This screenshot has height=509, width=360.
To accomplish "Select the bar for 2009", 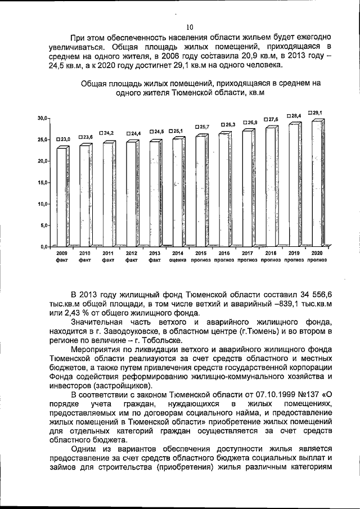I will pyautogui.click(x=62, y=197).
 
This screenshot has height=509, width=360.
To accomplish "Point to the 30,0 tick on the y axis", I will pyautogui.click(x=43, y=118).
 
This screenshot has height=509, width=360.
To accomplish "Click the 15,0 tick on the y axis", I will pyautogui.click(x=43, y=183).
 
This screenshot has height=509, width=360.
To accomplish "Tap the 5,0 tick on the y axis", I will pyautogui.click(x=44, y=226).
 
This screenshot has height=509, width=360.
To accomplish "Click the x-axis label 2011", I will pyautogui.click(x=108, y=254).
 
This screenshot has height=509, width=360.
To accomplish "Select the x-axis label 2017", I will pyautogui.click(x=247, y=254).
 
